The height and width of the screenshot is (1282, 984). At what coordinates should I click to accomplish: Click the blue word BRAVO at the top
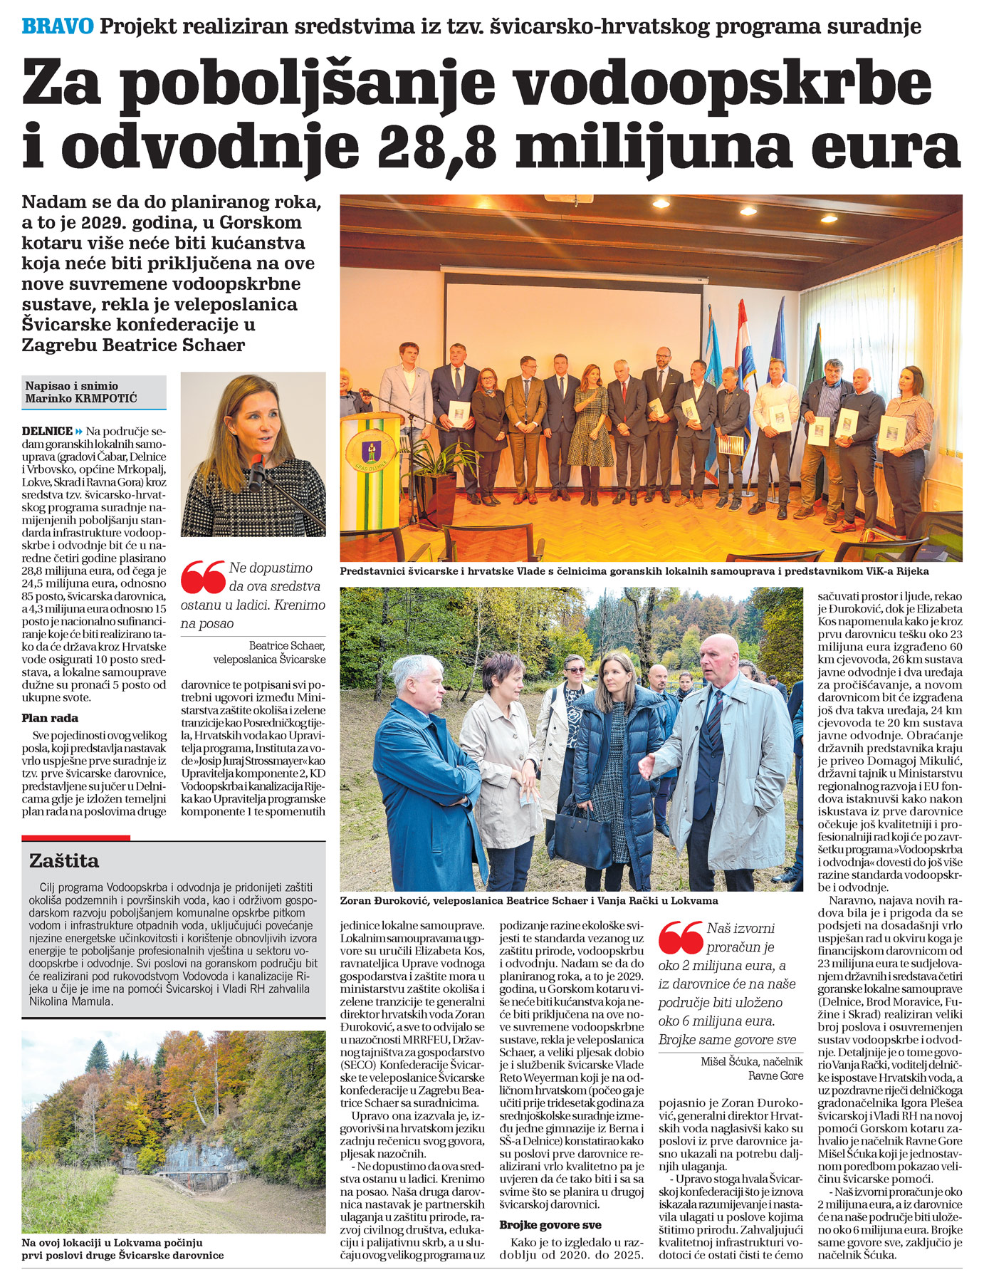pos(58,26)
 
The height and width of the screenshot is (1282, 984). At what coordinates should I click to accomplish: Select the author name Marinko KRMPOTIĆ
pos(81,398)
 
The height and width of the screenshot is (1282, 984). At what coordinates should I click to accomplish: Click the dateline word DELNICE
pos(47,431)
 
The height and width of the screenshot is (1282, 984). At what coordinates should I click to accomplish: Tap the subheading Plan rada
pos(50,718)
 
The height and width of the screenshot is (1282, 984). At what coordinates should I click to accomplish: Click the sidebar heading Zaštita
pos(64,860)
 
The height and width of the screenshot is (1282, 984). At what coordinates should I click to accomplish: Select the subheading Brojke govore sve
pos(550,1224)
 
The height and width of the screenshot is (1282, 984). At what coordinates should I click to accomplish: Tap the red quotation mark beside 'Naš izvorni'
pos(681,937)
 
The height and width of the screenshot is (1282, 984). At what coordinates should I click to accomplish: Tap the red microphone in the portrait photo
pos(256,470)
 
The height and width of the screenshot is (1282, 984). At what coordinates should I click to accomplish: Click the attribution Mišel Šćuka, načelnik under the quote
pos(751,1062)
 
